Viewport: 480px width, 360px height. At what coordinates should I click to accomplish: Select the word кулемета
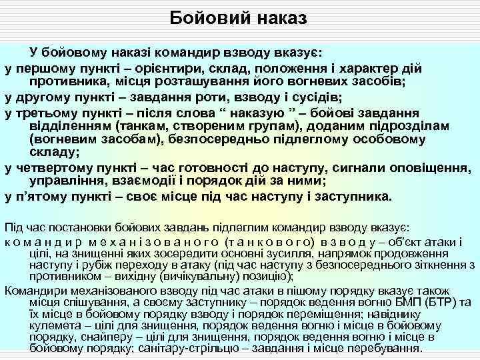click(x=51, y=325)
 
